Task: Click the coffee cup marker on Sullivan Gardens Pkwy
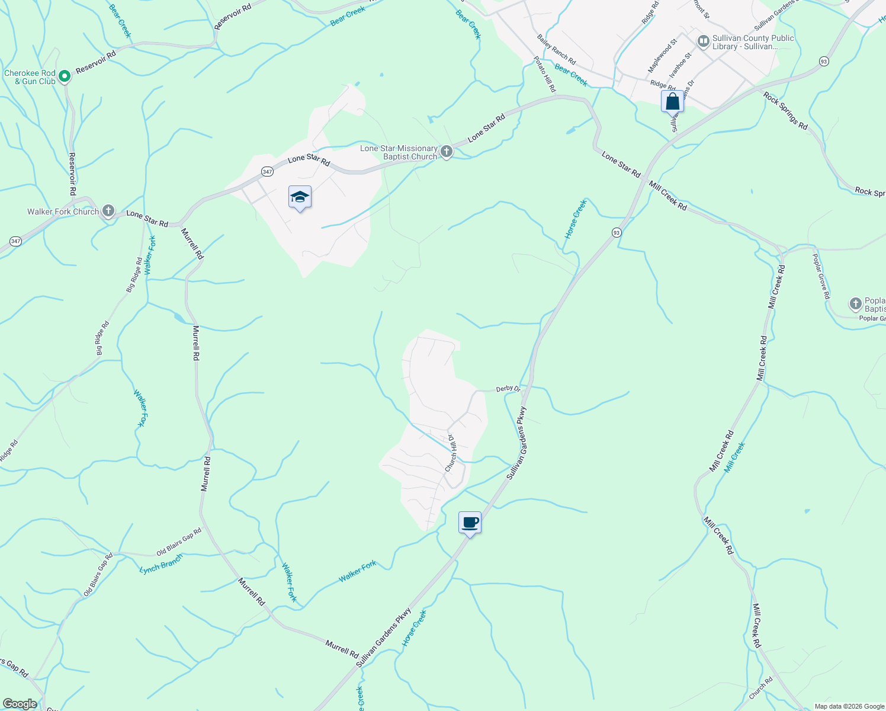click(x=470, y=523)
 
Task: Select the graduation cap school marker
click(x=300, y=197)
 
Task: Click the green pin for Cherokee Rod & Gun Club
click(x=65, y=76)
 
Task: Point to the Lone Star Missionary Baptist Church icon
click(x=447, y=152)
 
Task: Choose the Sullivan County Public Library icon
click(x=704, y=41)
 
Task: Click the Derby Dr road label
click(x=508, y=389)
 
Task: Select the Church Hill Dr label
click(x=451, y=453)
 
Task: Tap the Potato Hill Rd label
click(x=545, y=74)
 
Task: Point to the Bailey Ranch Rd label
click(x=556, y=50)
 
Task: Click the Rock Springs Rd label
click(x=785, y=111)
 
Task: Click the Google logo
click(x=20, y=704)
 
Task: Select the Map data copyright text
click(x=849, y=706)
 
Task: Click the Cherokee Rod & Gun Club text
click(x=30, y=77)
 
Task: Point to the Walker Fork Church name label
click(x=63, y=212)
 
